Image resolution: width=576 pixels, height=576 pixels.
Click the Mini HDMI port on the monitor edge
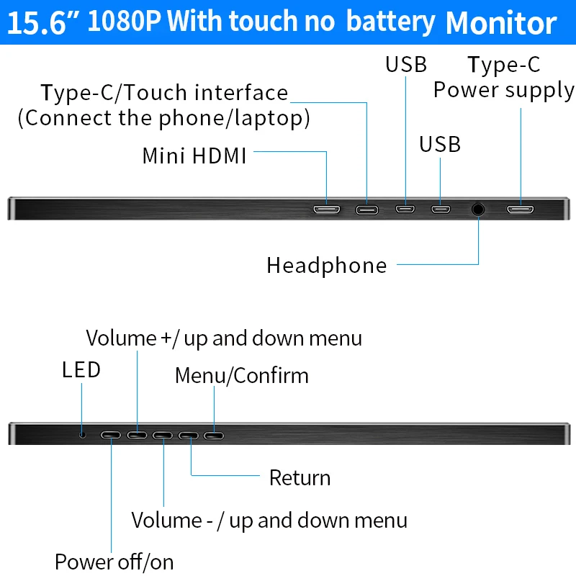click(327, 210)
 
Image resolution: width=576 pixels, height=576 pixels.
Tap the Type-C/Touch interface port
click(367, 210)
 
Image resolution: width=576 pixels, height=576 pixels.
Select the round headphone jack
click(478, 210)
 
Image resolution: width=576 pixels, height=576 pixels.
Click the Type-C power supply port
click(520, 210)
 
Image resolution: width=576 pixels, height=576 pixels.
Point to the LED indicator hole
click(83, 435)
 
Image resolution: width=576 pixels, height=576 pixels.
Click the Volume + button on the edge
click(137, 436)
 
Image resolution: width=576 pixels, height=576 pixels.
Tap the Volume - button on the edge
click(163, 436)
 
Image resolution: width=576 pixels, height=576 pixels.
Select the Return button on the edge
click(189, 436)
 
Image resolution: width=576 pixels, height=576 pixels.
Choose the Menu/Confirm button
click(214, 436)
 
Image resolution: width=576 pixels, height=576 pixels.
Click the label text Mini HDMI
click(194, 156)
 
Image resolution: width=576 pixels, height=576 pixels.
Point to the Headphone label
click(327, 265)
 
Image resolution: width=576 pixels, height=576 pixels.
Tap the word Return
click(300, 477)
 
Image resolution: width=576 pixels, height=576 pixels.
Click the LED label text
click(81, 369)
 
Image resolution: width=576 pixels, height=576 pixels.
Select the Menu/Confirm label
click(242, 375)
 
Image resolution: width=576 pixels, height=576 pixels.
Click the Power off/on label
click(114, 562)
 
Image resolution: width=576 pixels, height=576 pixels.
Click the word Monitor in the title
click(501, 23)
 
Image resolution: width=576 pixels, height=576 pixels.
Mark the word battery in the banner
click(391, 23)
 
